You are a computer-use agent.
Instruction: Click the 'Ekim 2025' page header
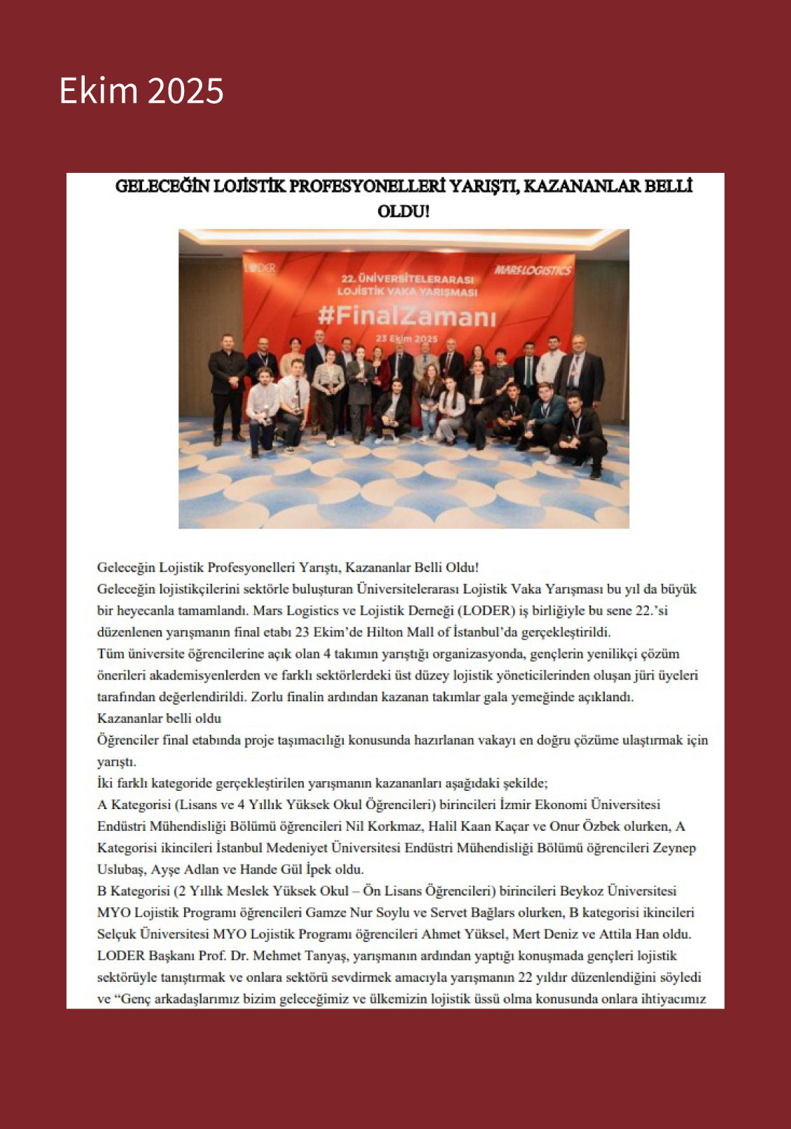(x=141, y=91)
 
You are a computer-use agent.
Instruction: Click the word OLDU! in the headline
(x=403, y=211)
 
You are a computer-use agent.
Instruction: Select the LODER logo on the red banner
(x=260, y=268)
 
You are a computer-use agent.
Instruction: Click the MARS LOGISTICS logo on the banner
(x=532, y=270)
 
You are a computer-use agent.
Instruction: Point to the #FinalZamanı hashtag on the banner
(x=406, y=316)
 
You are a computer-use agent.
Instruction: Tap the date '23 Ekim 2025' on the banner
(x=406, y=339)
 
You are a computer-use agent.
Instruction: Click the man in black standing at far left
(x=227, y=385)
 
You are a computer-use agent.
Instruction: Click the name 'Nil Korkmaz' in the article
(x=383, y=827)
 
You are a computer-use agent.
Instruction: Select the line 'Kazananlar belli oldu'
(x=159, y=718)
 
